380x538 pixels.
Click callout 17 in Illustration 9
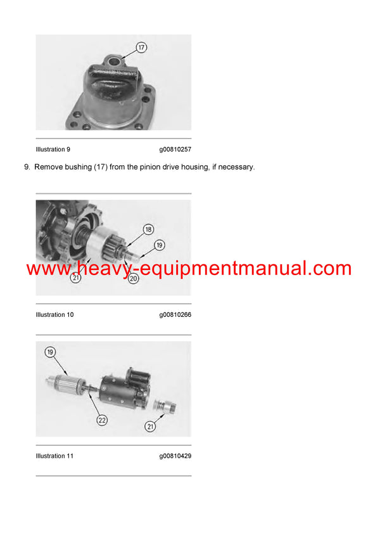[x=142, y=48]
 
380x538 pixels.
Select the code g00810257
[x=175, y=150]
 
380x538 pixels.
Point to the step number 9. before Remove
[x=27, y=167]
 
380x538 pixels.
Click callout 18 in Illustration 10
[x=148, y=229]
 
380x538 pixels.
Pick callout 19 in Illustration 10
[x=160, y=244]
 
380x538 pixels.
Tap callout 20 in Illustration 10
[x=132, y=278]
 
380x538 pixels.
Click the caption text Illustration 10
[x=54, y=314]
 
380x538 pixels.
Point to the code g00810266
[x=175, y=314]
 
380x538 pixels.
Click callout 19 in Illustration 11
[x=49, y=352]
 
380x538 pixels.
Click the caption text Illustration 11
[x=54, y=456]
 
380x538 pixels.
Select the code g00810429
[x=175, y=456]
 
